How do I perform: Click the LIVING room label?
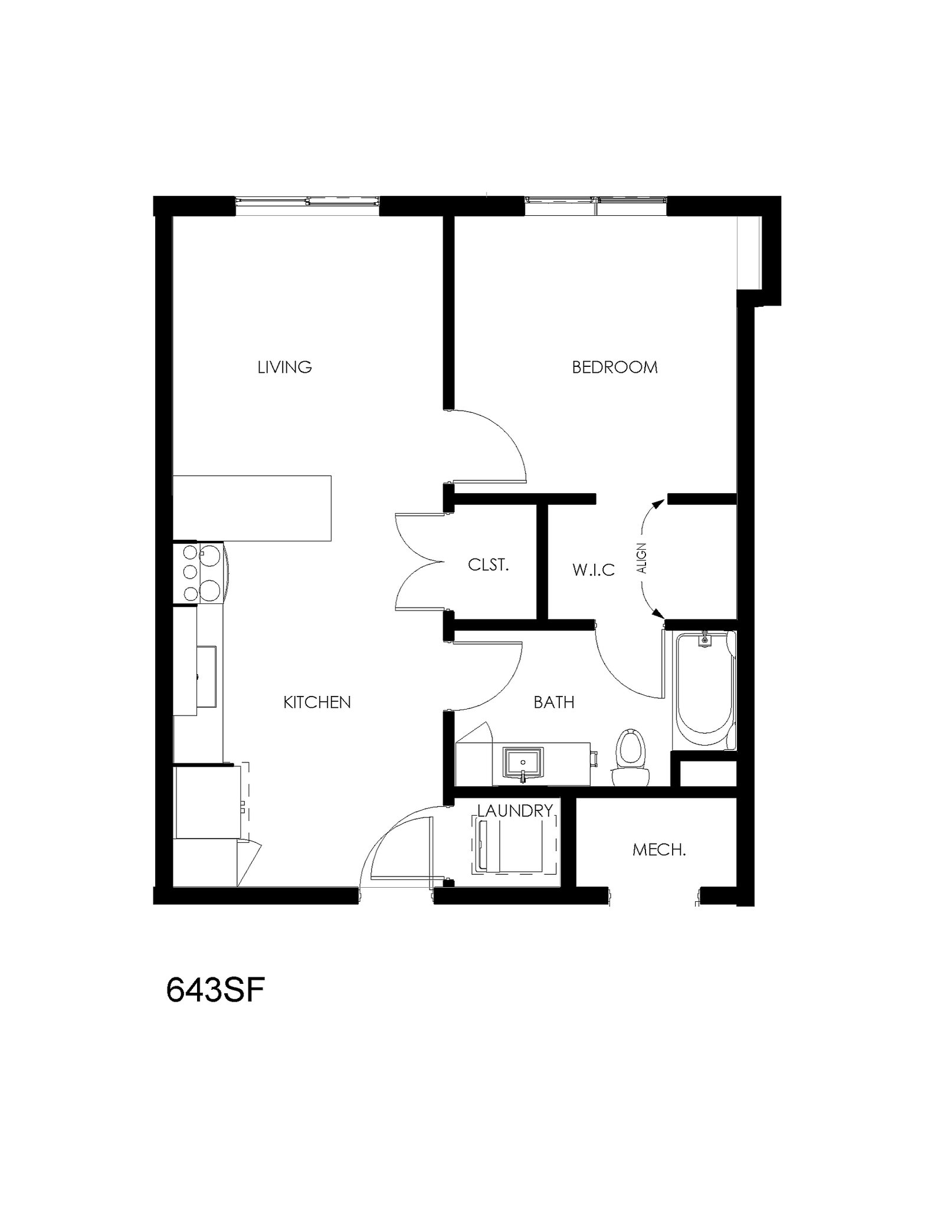(284, 367)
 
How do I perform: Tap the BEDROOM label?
(614, 367)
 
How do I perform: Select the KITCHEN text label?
(317, 702)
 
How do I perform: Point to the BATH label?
(553, 702)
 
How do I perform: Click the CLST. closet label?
(488, 565)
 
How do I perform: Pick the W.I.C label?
(593, 570)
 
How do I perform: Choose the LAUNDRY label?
(514, 811)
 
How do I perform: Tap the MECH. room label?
(658, 850)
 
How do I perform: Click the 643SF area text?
(215, 990)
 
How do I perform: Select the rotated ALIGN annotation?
(642, 558)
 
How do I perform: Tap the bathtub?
(704, 690)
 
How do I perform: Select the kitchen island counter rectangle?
(252, 508)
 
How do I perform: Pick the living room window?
(307, 202)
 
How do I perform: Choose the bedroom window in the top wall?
(596, 202)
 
